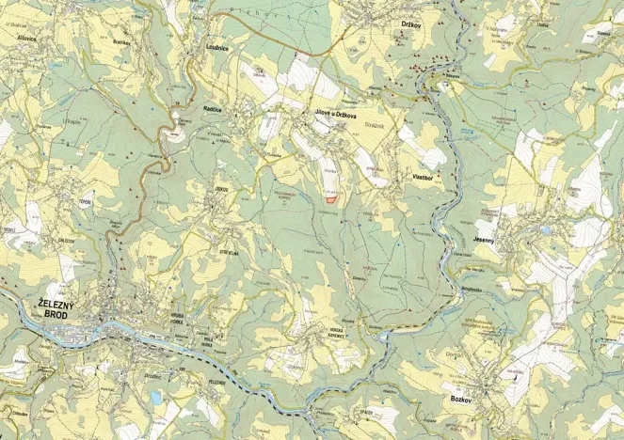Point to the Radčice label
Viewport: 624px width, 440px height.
point(213,109)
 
